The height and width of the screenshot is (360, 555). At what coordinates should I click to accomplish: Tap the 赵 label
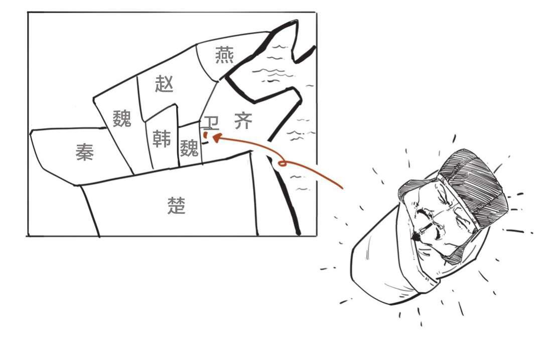coord(164,84)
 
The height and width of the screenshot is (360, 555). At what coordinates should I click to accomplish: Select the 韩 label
coord(162,138)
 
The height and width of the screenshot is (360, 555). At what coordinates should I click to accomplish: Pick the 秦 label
coord(85,153)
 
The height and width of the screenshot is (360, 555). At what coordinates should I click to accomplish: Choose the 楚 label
coord(176,205)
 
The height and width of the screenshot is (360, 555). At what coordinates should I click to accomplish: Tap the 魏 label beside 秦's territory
coord(122,118)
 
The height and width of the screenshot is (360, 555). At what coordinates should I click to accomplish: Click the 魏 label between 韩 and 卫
coord(189,148)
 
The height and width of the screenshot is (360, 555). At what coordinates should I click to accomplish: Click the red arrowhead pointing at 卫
coord(216,138)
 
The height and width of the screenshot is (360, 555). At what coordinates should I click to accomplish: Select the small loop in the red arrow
coord(282,163)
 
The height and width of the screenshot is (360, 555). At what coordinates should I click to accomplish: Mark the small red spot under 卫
coord(205,135)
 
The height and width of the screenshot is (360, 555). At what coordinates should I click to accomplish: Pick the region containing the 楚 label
coord(170,202)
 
